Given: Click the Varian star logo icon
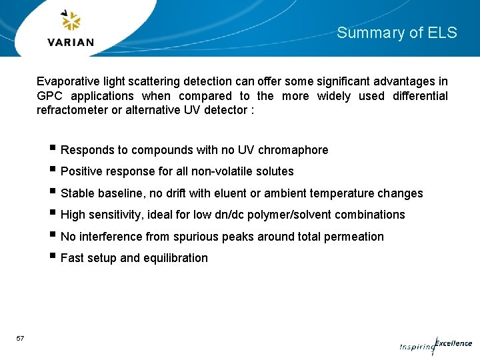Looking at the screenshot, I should [x=71, y=21].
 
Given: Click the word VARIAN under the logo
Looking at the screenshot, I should [x=71, y=43].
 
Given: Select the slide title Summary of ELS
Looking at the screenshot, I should [x=397, y=33].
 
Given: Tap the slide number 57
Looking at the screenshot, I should [x=20, y=339].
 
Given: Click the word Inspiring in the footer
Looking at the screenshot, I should [x=416, y=347].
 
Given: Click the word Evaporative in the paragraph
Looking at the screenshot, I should [x=67, y=81].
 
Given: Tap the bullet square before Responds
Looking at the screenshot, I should [x=53, y=149].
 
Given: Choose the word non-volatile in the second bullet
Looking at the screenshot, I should [x=216, y=171].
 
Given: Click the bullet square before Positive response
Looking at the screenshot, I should [x=53, y=171].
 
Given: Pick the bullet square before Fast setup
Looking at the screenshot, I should [x=53, y=257].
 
